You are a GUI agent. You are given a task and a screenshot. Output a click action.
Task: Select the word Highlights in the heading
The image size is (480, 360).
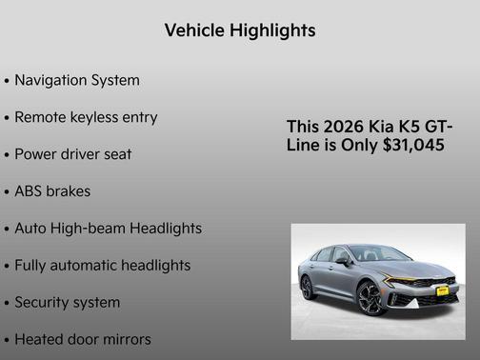[271, 30]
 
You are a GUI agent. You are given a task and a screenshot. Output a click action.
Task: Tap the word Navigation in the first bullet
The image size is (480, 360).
[52, 80]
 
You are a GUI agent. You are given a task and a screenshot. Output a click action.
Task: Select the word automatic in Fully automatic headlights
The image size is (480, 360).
[87, 266]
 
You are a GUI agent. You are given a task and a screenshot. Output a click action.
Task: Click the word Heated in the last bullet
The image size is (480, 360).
[40, 339]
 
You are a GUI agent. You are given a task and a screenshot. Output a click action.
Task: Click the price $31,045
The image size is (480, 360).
[411, 146]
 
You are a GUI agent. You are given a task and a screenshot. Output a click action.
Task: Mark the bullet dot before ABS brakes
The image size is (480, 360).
[7, 192]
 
